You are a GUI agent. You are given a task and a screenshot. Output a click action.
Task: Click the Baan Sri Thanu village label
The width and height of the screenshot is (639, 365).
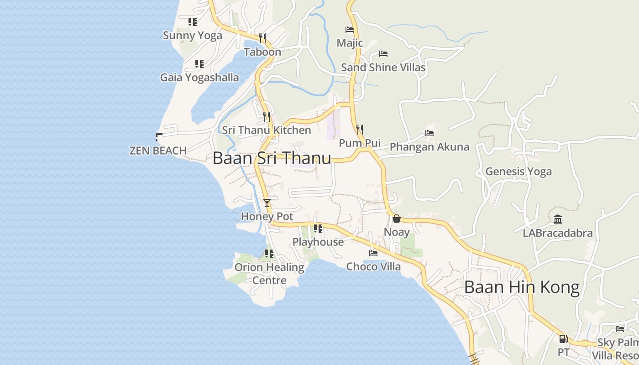coord(272,158)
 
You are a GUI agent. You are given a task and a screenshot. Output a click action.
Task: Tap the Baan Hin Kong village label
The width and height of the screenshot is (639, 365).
coord(522,287)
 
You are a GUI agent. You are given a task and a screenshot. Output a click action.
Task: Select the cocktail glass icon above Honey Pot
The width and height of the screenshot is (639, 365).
coord(267,203)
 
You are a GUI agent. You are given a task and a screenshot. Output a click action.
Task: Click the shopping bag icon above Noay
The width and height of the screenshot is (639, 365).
coord(396,219)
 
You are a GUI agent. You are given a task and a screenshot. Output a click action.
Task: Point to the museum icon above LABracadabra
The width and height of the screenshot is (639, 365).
coord(558,219)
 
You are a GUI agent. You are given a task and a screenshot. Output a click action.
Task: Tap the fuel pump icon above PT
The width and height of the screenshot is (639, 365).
coord(563,339)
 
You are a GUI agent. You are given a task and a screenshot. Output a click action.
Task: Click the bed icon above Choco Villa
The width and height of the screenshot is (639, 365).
coord(373,253)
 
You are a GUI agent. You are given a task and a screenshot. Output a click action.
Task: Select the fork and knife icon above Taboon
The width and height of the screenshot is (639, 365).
coord(262,38)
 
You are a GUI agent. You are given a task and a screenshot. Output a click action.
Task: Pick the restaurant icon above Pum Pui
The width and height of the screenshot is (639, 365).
coord(360,129)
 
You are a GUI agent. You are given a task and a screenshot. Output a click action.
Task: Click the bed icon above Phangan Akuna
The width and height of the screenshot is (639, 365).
coord(429,133)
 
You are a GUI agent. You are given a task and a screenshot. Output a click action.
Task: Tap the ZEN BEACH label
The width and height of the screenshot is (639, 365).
coord(158,151)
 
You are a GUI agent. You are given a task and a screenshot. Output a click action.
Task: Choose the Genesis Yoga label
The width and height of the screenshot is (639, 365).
coord(519,172)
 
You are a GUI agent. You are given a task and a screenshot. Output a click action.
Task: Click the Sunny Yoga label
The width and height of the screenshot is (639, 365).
coord(193,35)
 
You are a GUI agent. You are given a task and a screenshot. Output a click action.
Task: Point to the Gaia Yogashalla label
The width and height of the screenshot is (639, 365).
coord(199,78)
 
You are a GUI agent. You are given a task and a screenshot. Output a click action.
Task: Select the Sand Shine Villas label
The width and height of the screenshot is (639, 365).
coord(383,68)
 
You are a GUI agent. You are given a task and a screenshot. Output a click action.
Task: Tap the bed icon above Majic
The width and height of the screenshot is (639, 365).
coord(350,30)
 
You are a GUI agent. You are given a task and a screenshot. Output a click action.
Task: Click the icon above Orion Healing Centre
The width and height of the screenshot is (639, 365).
coord(269,253)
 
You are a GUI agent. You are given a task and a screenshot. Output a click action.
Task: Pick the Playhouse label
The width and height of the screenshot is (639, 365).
coord(318,242)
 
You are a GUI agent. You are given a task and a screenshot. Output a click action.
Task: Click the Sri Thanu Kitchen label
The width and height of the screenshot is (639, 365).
coord(267,130)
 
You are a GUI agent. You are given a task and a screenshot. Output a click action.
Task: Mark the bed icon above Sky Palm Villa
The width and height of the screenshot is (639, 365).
coord(619,329)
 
